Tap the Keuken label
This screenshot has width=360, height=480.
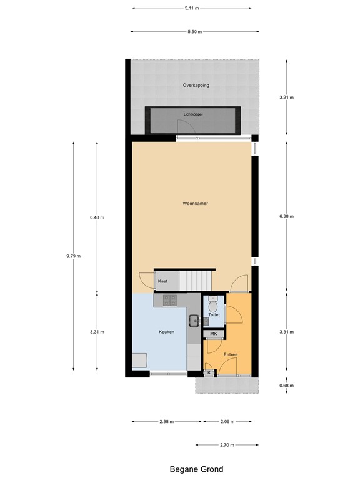tap(166, 332)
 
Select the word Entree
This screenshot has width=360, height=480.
tap(231, 354)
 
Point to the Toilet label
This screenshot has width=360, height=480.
tap(214, 315)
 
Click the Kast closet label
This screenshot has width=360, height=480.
tap(162, 281)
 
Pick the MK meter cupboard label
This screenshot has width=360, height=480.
tap(213, 334)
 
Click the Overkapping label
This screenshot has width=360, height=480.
tap(196, 85)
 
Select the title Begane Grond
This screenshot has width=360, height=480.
tap(196, 469)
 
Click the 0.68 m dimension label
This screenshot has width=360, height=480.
tap(286, 385)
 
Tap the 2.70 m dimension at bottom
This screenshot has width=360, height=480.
tap(227, 445)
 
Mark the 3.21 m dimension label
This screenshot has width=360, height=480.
tap(286, 97)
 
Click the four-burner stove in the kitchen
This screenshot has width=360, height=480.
tap(170, 301)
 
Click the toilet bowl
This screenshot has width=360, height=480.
tap(213, 306)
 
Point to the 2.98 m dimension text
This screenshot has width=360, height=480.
tap(166, 422)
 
